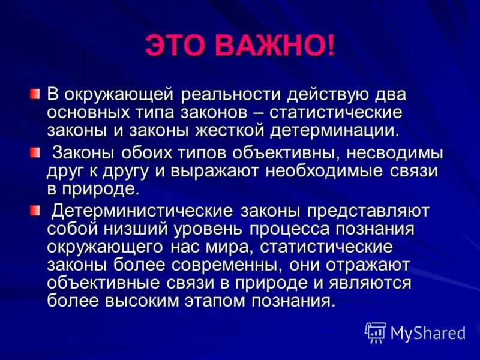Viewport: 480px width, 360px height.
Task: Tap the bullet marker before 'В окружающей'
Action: pyautogui.click(x=35, y=94)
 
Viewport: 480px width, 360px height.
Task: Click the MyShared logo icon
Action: pyautogui.click(x=376, y=332)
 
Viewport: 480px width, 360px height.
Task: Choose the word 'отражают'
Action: pyautogui.click(x=366, y=265)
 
